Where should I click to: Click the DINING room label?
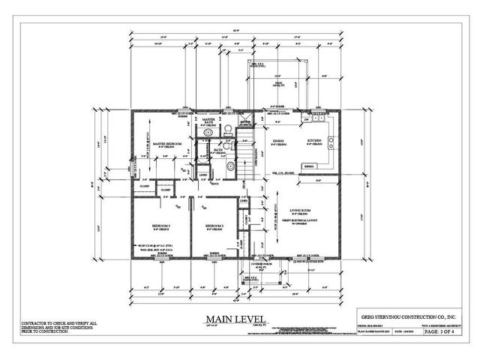click(278, 140)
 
